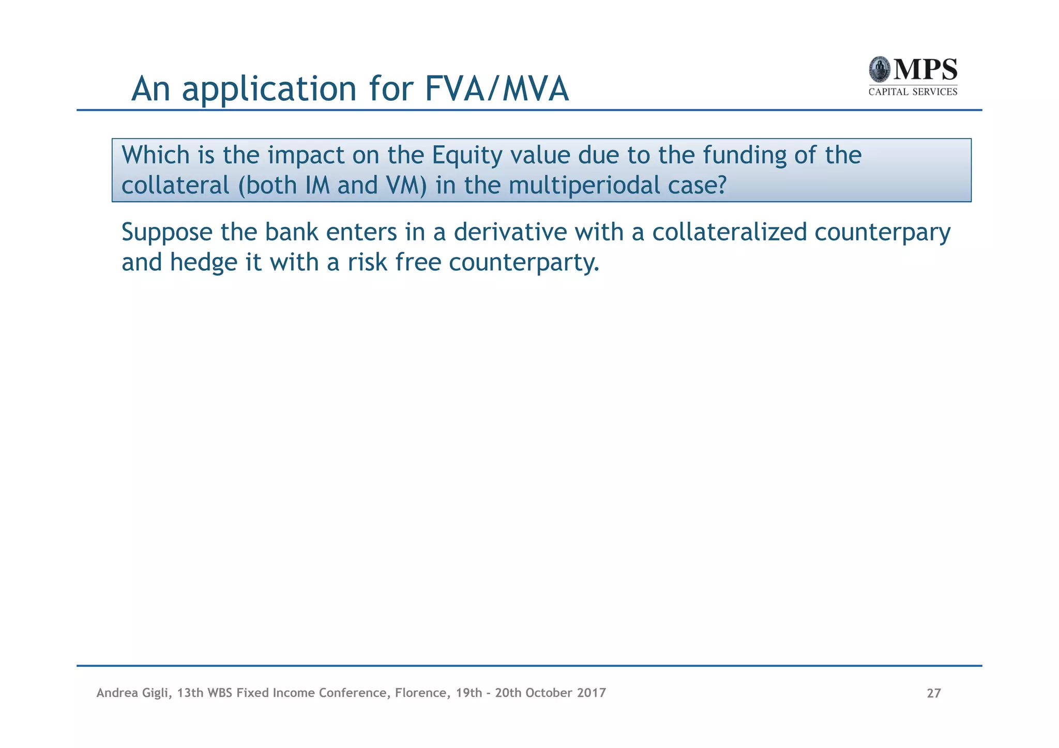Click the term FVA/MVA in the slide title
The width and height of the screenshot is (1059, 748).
pos(496,89)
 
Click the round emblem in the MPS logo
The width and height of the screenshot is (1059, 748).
pos(879,70)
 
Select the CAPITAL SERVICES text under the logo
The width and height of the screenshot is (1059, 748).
pos(913,92)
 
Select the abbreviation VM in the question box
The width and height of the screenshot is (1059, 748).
pos(405,185)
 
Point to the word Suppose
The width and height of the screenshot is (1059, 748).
pos(167,233)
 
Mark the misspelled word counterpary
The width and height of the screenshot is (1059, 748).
pos(883,233)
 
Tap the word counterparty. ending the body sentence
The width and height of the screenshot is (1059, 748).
pos(524,263)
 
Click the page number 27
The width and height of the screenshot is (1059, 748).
pos(933,693)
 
